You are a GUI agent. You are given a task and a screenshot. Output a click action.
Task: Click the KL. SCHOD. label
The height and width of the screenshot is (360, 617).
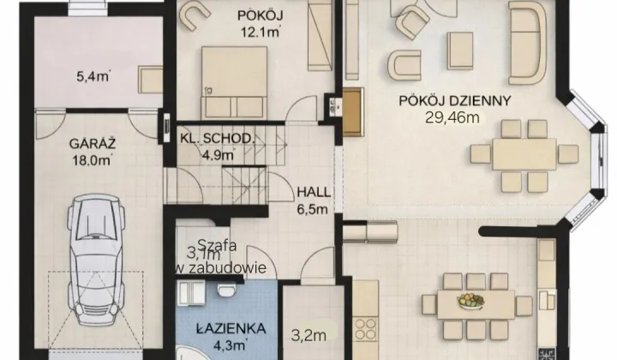tap(217, 139)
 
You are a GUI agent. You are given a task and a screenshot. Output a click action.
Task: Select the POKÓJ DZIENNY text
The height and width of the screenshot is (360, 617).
tap(455, 100)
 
